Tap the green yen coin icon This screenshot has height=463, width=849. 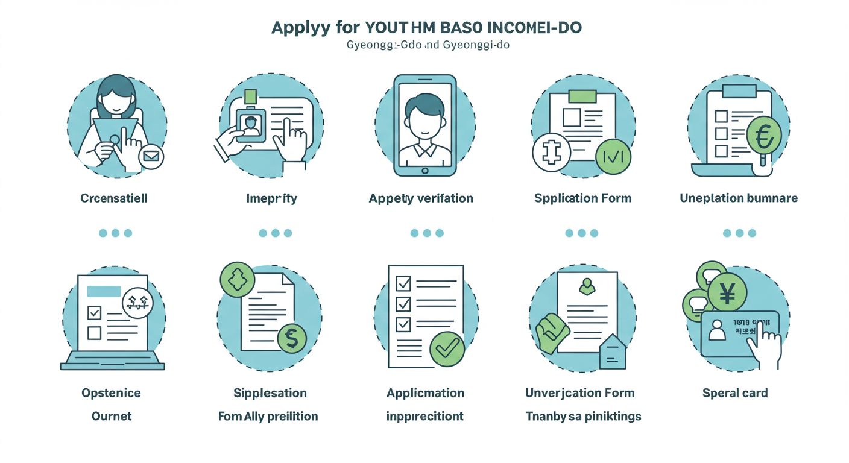point(727,294)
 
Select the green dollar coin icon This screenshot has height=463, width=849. point(292,339)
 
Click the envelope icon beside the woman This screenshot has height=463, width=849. point(151,157)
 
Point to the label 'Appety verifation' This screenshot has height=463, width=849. point(421,198)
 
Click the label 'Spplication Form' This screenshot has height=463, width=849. point(582,198)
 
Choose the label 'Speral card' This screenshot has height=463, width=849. point(735,393)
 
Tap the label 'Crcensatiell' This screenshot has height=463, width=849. point(114,198)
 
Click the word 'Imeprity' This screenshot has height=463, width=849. point(271,198)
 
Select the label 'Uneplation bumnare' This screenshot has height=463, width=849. point(739,198)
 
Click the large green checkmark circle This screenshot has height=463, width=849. point(447,348)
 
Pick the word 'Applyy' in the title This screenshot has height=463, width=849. point(299,28)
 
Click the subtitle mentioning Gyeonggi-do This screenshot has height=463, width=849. point(428,45)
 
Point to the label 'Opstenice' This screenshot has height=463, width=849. point(111,393)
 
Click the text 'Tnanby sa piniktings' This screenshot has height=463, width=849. point(583,416)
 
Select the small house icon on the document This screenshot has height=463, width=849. point(613,352)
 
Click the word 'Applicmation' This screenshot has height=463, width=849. point(425,393)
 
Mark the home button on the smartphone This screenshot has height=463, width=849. point(424,171)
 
